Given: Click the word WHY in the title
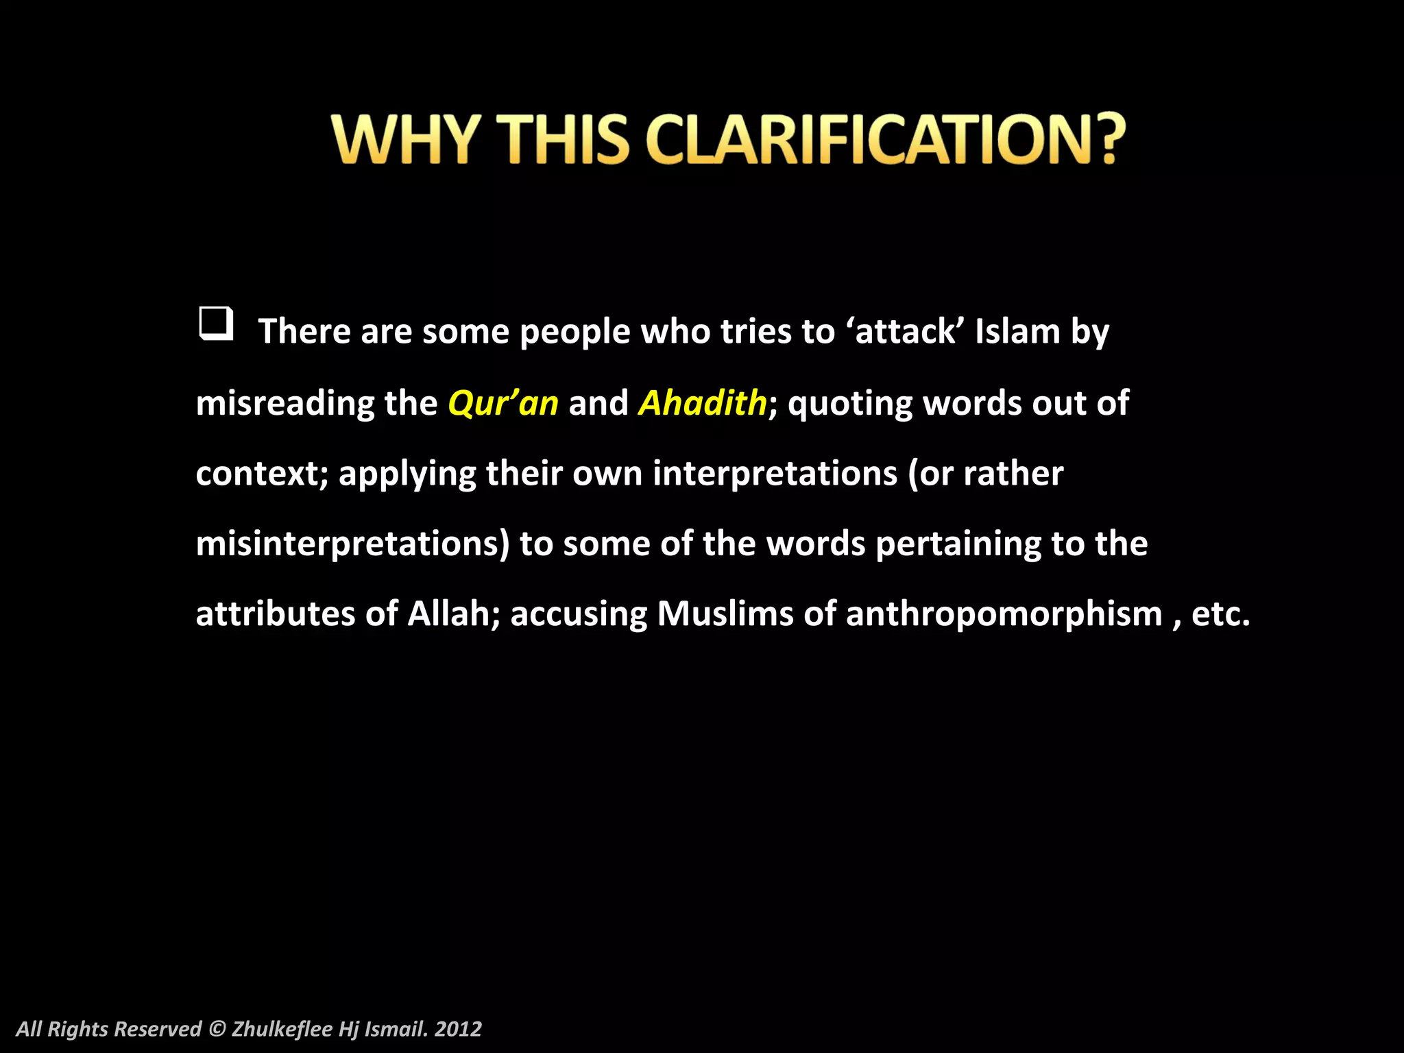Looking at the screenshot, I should point(405,139).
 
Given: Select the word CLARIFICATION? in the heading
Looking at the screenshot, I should point(885,139).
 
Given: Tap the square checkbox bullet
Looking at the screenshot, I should point(216,324).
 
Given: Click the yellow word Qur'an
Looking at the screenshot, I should point(503,403).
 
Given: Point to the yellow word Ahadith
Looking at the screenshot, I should point(702,403).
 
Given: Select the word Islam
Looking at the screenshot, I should point(1017,332).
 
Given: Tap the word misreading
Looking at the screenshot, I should point(285,404).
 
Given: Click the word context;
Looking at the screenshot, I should point(263,474).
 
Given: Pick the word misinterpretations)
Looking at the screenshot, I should point(353,544).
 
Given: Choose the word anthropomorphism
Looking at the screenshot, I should point(1004,614).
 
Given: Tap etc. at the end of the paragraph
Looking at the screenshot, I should point(1220,615).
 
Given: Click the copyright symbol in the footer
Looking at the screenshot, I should point(217,1029).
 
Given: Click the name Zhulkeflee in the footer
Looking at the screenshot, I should point(282,1029).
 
